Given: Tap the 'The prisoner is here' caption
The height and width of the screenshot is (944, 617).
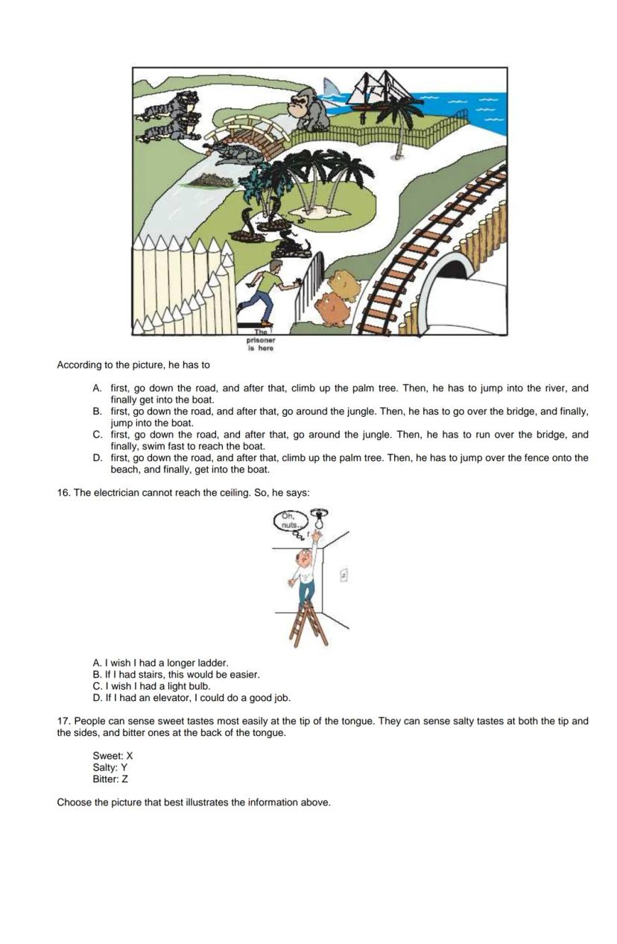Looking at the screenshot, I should coord(261,342).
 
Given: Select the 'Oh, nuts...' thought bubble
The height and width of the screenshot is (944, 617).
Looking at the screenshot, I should coord(288,520).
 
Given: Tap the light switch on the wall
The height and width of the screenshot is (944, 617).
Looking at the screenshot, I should coord(344,575).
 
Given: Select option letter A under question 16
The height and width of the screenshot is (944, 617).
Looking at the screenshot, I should coord(97,662).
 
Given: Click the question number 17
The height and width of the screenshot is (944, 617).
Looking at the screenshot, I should coord(63,721).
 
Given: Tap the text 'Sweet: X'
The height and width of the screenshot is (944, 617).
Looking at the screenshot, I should coord(113,755).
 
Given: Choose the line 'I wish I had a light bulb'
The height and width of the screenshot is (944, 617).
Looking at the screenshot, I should coord(157,686).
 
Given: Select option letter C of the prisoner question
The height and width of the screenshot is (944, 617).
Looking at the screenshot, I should coord(97,435).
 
